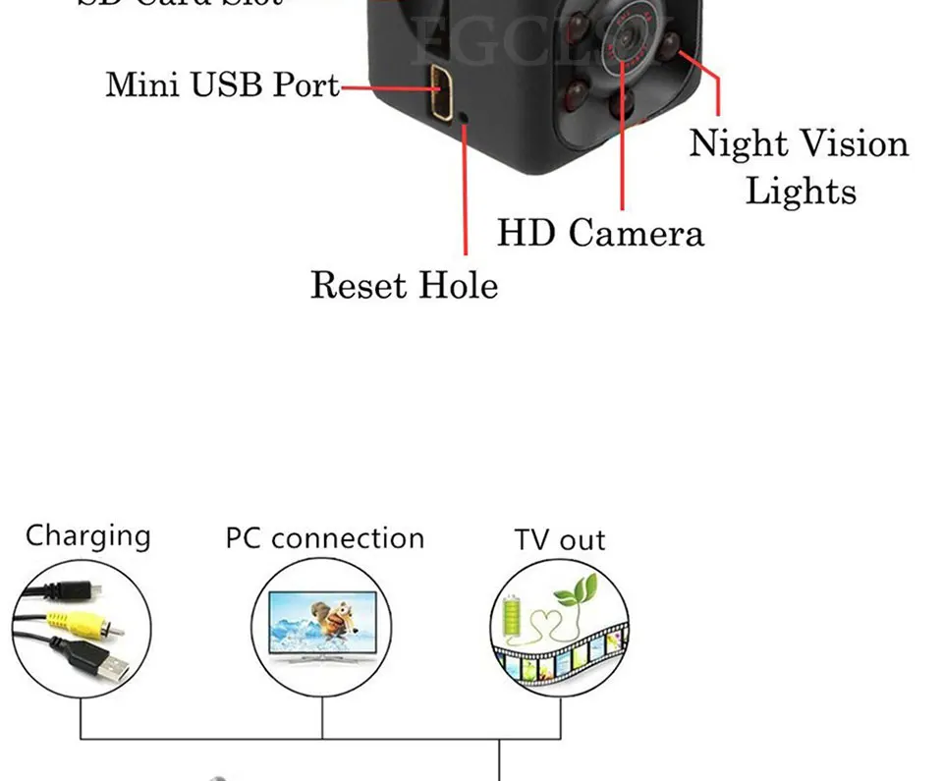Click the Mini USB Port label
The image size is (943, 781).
click(222, 84)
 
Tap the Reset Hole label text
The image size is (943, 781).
click(404, 285)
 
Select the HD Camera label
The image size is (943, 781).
click(600, 233)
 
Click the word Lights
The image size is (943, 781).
click(801, 190)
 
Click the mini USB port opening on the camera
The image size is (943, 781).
click(440, 88)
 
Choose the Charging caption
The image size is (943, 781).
click(87, 535)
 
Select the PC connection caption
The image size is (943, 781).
click(324, 538)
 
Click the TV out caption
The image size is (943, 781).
click(560, 540)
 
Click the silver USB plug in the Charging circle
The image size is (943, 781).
click(110, 668)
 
